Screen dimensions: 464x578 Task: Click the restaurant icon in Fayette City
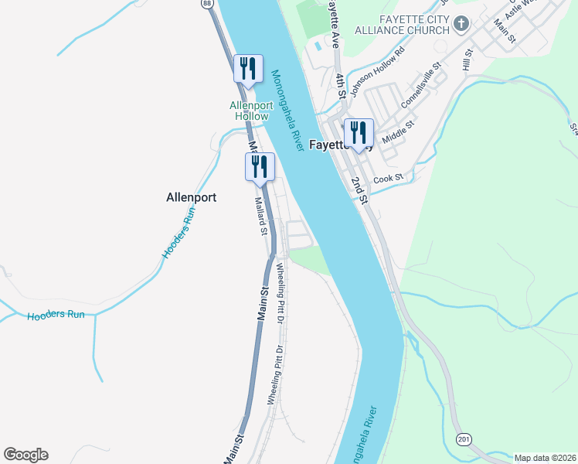pos(358,132)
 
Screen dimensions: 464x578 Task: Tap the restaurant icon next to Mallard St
pos(259,166)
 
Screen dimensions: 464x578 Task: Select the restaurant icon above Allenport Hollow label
pos(247,68)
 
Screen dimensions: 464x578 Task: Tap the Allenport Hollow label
pos(249,111)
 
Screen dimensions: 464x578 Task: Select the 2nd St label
pos(358,189)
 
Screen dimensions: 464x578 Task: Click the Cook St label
pos(389,179)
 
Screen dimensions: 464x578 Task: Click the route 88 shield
pos(207,4)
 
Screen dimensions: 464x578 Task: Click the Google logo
pos(25,455)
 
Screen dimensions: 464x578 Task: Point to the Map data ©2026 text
pos(546,458)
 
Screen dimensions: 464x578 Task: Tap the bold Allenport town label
pos(191,197)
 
